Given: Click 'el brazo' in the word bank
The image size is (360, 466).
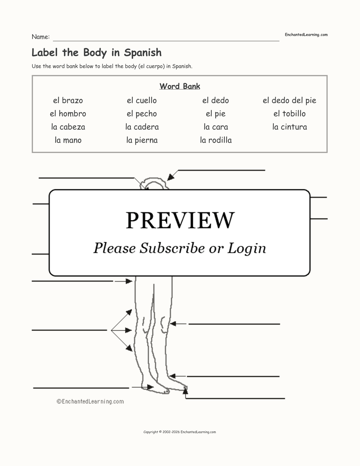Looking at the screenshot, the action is pos(68,100).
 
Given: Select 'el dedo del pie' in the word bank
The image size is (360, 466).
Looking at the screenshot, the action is pos(289,100).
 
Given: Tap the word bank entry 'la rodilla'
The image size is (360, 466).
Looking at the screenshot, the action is pos(216,140).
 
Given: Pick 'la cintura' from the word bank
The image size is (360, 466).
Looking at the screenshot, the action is pos(289,127).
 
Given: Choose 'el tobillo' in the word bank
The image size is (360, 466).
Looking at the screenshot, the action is pos(289,114).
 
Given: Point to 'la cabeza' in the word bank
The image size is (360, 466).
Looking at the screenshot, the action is pos(68,127).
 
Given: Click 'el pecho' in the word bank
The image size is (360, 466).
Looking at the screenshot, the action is pos(142,114).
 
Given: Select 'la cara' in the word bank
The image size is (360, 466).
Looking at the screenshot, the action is pos(216,127).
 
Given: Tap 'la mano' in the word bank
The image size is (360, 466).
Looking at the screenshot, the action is pos(68,140).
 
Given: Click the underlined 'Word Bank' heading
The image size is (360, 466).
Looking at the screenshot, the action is pos(180,86).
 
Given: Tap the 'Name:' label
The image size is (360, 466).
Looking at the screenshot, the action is pos(41,37).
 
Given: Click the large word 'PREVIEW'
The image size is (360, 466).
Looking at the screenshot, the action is pos(180,220).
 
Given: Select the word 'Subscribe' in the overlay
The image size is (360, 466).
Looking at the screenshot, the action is pos(172,248).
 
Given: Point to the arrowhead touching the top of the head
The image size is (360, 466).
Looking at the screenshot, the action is pos(171,177).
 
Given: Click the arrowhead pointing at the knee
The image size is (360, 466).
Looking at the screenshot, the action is pos(173,324).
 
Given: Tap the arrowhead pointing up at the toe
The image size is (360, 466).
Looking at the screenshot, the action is pos(186,391).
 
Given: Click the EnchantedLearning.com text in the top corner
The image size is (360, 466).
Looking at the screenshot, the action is pos(306,35).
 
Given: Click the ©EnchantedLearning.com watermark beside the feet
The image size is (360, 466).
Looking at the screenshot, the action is pos(90,402).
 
